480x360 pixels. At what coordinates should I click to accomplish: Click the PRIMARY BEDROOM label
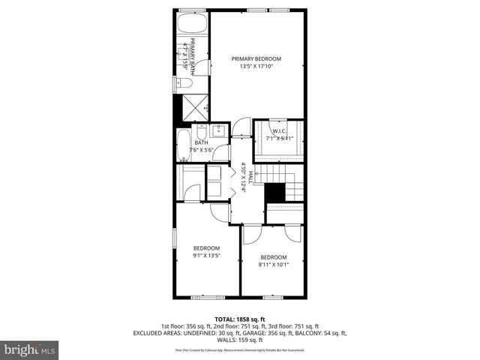(256, 58)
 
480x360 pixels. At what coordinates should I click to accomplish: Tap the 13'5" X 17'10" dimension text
(256, 67)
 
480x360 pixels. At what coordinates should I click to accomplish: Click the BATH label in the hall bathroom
(201, 142)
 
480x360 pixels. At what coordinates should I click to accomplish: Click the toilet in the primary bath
(180, 85)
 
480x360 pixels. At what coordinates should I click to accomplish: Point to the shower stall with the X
(196, 106)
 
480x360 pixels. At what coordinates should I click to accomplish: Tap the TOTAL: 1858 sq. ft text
(240, 318)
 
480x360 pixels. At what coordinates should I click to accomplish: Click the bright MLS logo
(30, 349)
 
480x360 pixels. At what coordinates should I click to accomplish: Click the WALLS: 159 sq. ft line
(240, 340)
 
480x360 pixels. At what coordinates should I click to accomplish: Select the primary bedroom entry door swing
(240, 127)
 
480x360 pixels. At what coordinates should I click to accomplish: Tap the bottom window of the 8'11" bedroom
(273, 298)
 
